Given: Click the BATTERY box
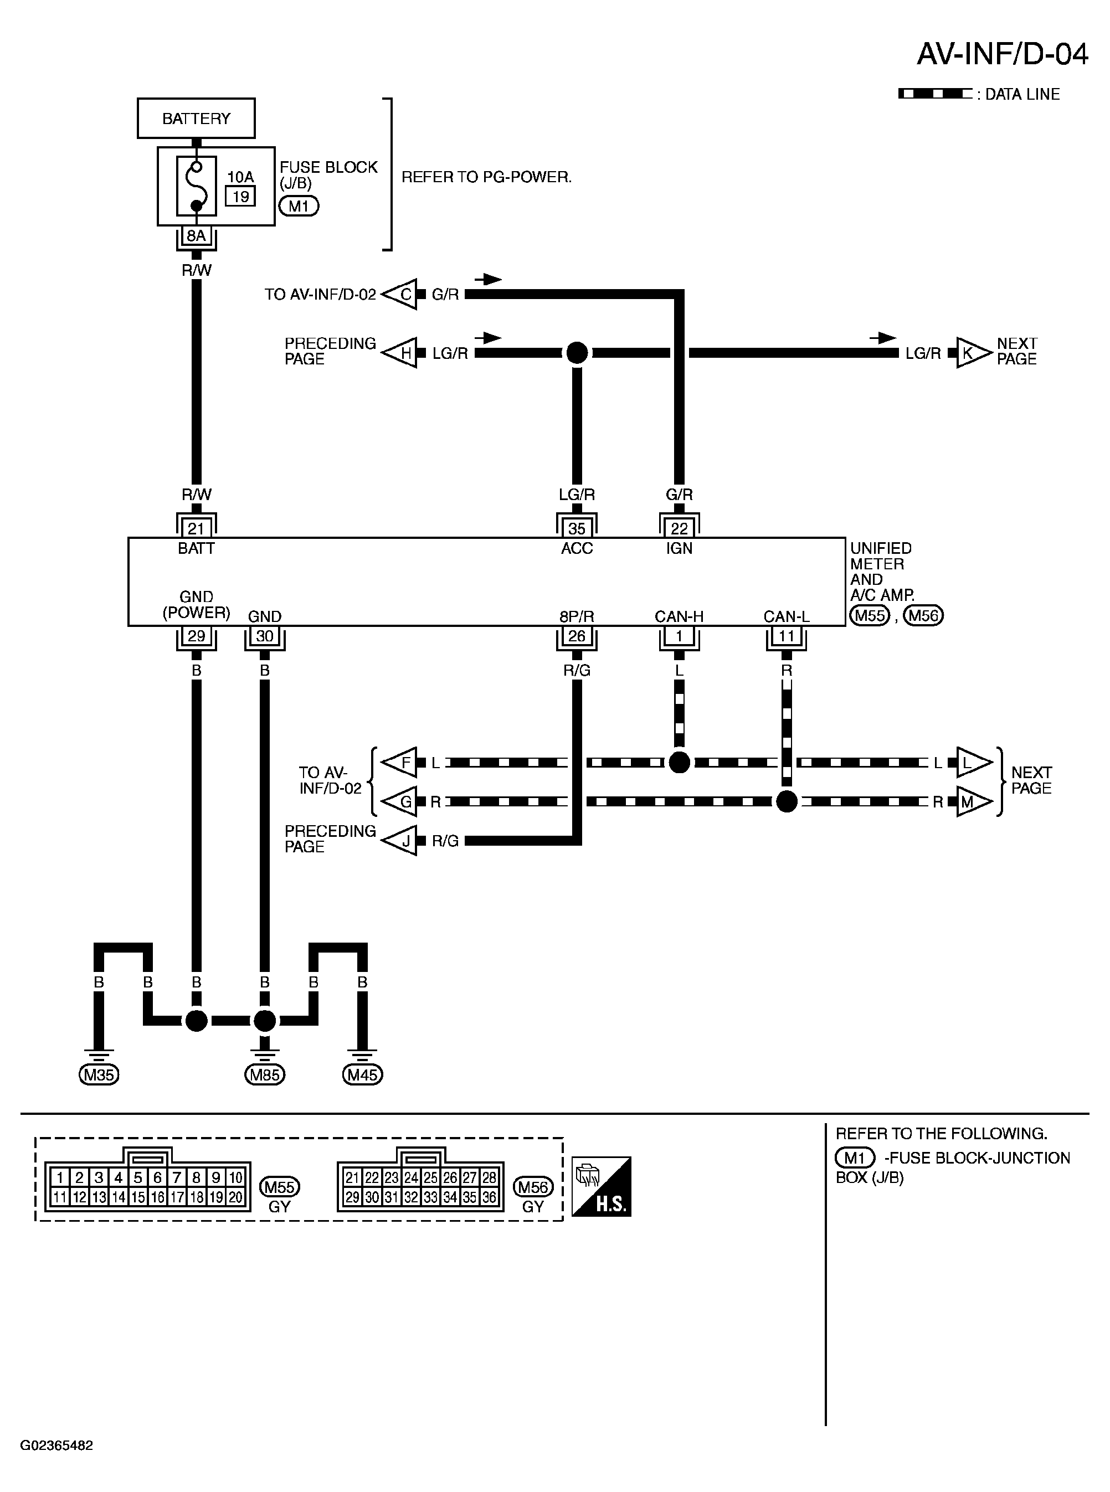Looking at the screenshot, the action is [x=196, y=118].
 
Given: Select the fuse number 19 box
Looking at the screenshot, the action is [x=240, y=196].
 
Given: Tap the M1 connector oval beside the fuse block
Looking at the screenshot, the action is [x=299, y=205].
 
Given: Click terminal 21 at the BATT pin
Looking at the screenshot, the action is [x=196, y=528].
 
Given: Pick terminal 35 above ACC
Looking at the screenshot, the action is [x=577, y=528].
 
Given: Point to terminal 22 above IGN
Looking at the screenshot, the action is [x=679, y=528].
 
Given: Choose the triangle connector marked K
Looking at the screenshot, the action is [x=972, y=353].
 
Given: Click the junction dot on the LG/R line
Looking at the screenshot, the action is [x=577, y=353].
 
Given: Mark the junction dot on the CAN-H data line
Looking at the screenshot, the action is [x=679, y=763].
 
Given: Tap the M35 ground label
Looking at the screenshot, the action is [x=99, y=1075].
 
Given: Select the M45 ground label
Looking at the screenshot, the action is [x=362, y=1075].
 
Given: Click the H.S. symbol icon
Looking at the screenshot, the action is [x=602, y=1186].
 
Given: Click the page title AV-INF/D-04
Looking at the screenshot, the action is [x=1003, y=54].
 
